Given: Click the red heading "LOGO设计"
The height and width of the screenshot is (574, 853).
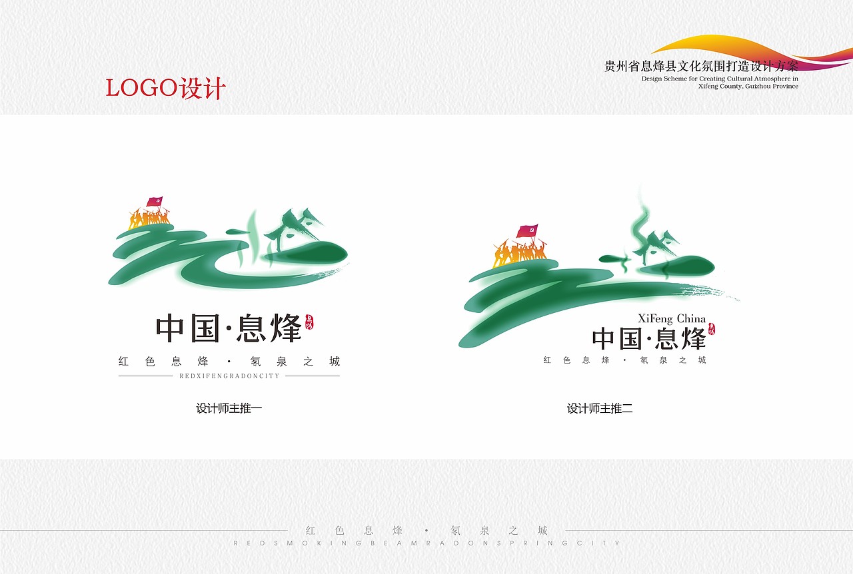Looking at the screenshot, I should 165,88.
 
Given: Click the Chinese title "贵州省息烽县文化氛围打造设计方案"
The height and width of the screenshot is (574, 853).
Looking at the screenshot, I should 700,67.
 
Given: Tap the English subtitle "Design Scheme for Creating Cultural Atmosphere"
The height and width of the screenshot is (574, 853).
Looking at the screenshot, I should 720,79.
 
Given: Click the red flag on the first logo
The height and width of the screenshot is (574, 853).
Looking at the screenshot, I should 155,201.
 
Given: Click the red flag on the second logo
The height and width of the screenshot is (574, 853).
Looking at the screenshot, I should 527,232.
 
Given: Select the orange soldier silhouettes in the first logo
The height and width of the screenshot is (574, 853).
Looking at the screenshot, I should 149,218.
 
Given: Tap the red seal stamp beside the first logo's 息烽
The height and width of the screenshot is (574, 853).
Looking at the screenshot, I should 309,323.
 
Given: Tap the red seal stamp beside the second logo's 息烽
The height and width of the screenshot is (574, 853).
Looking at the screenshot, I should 712,328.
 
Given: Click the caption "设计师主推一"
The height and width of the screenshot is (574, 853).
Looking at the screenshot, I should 229,408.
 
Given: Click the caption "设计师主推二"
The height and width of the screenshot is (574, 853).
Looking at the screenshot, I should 600,408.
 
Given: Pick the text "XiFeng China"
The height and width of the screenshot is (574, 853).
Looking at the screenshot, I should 672,318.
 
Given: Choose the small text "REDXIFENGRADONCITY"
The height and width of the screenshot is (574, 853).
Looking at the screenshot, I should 229,376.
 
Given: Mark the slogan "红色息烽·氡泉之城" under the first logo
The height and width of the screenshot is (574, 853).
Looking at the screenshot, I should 229,362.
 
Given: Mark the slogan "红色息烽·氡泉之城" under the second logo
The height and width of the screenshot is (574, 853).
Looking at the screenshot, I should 624,360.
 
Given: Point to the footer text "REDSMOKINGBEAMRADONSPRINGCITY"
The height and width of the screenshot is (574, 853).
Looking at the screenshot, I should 426,543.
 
